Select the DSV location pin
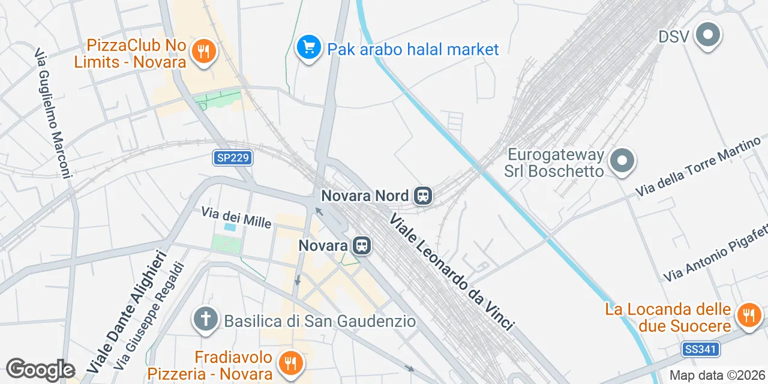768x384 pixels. point(708,35)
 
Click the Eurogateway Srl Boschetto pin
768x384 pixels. point(622,161)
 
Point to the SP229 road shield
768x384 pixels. point(233,158)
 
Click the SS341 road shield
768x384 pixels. point(701,349)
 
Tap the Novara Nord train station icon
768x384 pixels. point(423,196)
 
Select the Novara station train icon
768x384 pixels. point(361,245)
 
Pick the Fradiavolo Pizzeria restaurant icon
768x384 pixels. point(290,362)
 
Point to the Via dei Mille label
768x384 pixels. point(236,217)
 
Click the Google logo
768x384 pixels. point(40,370)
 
